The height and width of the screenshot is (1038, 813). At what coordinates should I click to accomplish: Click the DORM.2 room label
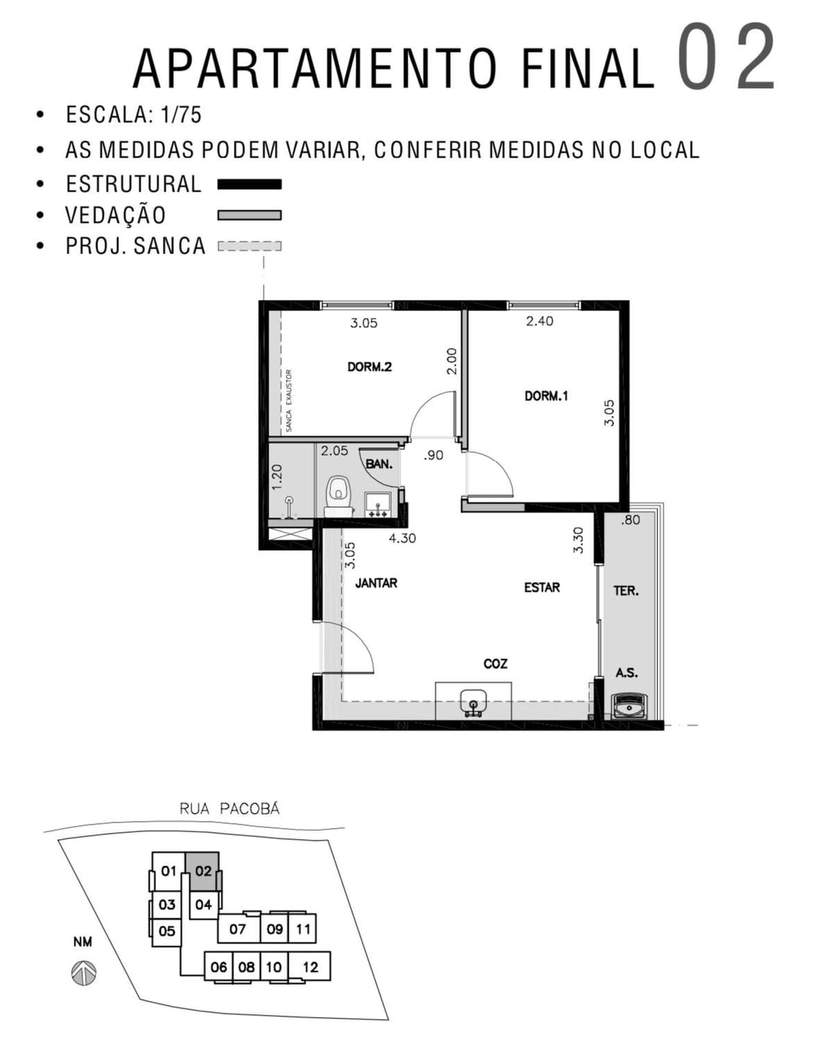(369, 367)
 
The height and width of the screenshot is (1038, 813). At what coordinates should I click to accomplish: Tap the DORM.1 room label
(546, 396)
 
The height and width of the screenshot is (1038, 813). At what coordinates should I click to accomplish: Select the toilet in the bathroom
(338, 494)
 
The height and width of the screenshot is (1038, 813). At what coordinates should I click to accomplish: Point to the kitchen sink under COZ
(473, 701)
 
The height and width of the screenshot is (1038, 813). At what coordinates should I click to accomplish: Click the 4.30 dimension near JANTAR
(402, 538)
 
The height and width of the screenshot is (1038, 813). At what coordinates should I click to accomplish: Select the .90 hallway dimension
(433, 456)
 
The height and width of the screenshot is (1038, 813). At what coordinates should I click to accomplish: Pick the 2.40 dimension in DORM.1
(540, 321)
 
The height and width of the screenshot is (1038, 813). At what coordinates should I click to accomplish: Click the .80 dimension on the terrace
(630, 520)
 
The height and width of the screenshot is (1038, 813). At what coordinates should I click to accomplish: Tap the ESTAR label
(542, 587)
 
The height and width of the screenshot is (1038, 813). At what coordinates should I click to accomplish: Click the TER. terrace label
(625, 591)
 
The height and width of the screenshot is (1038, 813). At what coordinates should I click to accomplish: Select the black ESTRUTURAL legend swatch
(250, 185)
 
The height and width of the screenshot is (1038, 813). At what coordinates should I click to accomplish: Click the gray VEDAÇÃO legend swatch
(250, 215)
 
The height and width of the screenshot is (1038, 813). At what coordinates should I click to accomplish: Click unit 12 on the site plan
(310, 967)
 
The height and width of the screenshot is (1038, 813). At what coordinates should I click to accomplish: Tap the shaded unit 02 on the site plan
(203, 871)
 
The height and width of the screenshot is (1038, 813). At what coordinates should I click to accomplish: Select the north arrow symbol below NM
(84, 974)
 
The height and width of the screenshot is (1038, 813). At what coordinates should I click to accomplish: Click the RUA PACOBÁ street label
(229, 809)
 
